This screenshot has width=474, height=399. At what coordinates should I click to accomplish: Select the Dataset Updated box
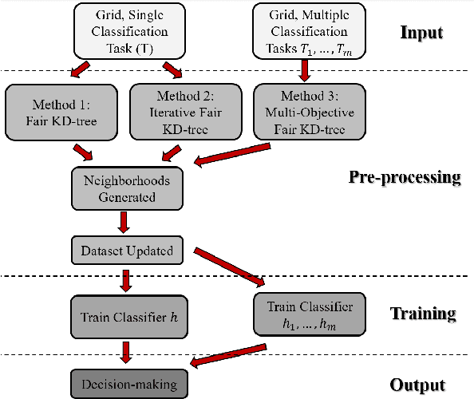(126, 251)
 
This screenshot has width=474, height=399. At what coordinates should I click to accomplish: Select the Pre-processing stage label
(405, 176)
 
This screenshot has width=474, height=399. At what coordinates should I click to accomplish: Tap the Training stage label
(423, 313)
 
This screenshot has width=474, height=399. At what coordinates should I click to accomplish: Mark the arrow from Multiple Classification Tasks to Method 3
(304, 71)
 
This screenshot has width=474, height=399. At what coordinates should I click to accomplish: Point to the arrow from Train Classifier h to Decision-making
(124, 350)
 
